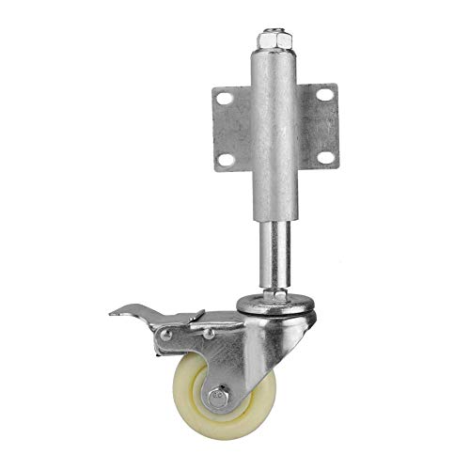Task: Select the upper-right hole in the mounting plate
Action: coord(324,94)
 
